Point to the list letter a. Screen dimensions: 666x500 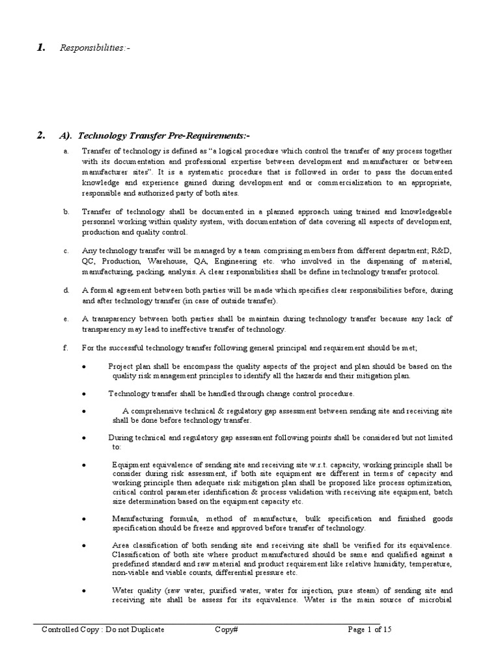coord(66,151)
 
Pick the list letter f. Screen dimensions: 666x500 coord(66,348)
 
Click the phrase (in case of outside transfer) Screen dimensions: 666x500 coord(223,300)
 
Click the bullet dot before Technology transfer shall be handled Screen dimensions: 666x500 coord(85,394)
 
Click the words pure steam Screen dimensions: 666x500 coord(362,590)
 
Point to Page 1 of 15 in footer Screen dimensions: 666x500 coord(370,630)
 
